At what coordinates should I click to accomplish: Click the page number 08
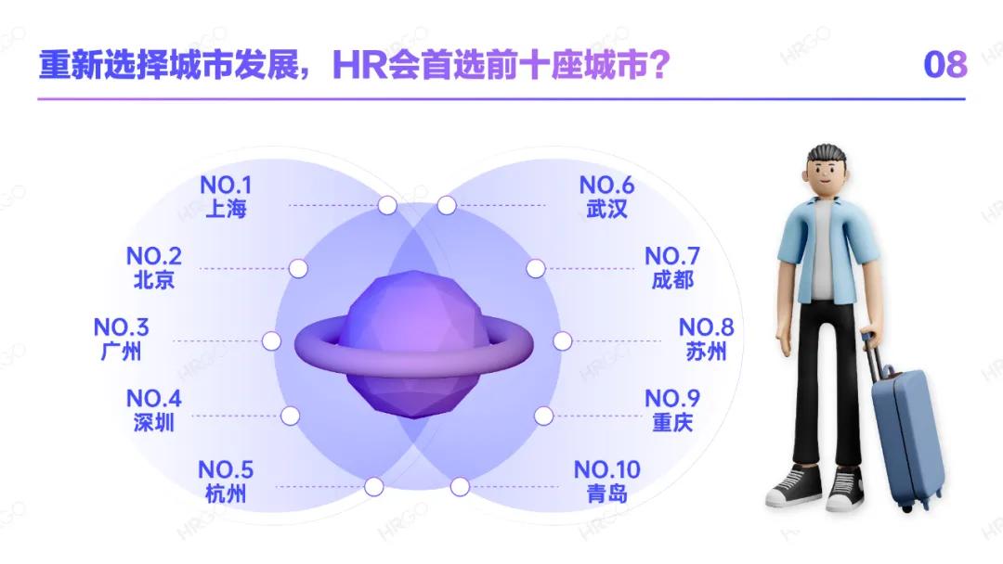coord(945,65)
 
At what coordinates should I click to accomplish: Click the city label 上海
coord(226,209)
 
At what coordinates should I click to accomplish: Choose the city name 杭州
coord(225,493)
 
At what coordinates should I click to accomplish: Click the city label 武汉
coord(606,209)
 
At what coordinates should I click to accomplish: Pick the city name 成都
coord(671,279)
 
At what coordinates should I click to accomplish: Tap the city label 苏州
coord(706,352)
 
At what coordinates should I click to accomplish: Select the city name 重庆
coord(671,423)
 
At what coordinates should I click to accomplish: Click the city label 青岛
coord(606,493)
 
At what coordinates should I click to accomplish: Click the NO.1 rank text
coord(226,186)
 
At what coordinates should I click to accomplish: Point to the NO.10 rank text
coord(606,469)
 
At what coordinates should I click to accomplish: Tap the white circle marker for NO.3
coord(271,340)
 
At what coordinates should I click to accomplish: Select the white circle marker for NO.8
coord(561,340)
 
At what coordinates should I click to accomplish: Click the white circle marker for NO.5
coord(374,486)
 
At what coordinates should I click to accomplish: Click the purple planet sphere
coord(414,343)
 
